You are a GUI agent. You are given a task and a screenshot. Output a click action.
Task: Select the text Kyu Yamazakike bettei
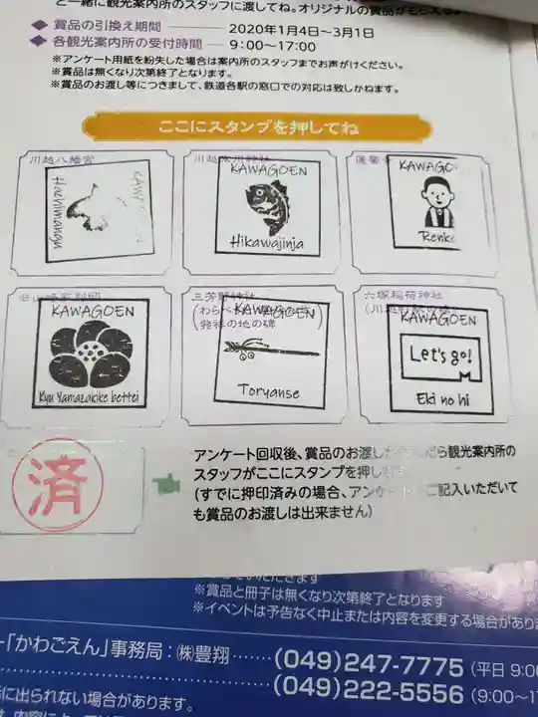(91, 399)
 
